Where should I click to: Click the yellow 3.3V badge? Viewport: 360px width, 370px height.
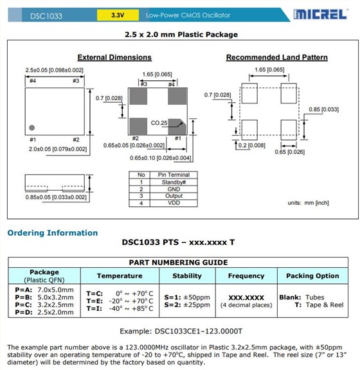[118, 14]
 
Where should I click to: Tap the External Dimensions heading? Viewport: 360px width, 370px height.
[114, 57]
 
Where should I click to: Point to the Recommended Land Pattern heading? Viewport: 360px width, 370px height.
[276, 57]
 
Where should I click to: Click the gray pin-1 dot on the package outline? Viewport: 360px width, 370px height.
[32, 126]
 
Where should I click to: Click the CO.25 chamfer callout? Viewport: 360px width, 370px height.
[159, 123]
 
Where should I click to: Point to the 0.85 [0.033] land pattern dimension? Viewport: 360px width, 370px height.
[323, 109]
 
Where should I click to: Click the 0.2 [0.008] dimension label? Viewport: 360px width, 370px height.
[254, 146]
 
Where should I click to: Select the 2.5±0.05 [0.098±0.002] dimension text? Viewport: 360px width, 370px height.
[55, 69]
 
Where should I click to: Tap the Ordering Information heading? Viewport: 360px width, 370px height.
[53, 233]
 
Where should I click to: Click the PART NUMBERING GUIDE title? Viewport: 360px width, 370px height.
[178, 262]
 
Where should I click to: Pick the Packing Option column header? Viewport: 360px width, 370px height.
[313, 276]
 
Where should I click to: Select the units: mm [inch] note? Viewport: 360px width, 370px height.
[308, 203]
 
